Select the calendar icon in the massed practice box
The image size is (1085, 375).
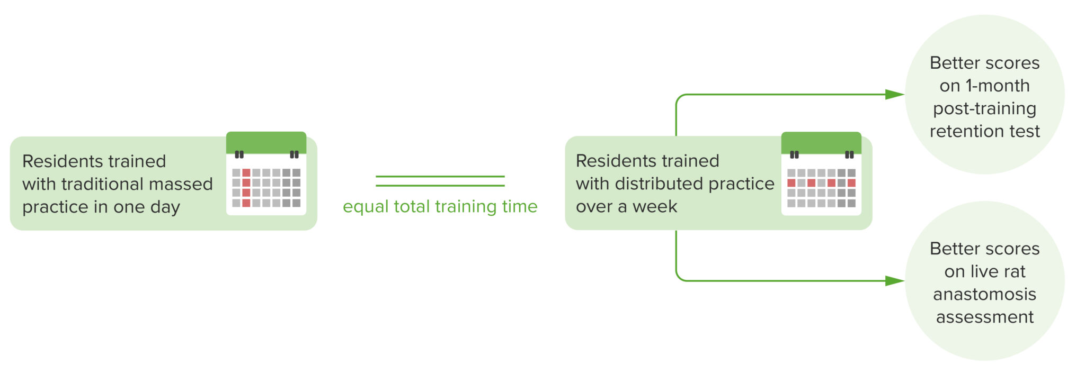[266, 173]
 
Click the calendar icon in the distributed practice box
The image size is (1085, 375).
[821, 173]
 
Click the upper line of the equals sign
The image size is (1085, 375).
[440, 177]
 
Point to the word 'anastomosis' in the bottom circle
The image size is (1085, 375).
[984, 294]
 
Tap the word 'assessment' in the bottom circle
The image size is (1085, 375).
[984, 317]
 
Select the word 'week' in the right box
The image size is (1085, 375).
[655, 206]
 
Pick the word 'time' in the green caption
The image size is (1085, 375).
[519, 206]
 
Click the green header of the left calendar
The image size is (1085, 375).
[266, 142]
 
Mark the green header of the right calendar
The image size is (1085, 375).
[821, 142]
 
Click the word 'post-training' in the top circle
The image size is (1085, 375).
[984, 108]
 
